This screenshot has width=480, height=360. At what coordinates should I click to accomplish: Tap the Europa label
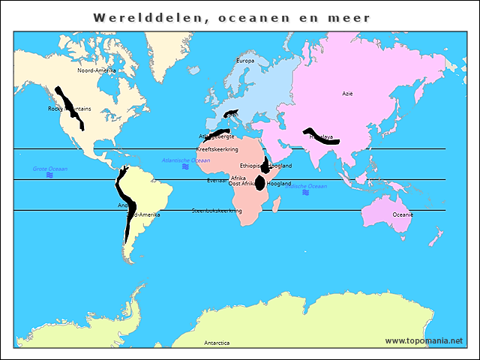pyautogui.click(x=245, y=61)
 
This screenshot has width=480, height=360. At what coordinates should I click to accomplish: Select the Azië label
pyautogui.click(x=347, y=94)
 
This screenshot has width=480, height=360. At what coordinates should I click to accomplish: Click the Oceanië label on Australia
pyautogui.click(x=403, y=214)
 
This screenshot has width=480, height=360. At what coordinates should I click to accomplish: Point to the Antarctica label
pyautogui.click(x=217, y=343)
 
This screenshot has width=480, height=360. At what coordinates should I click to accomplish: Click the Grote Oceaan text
pyautogui.click(x=49, y=169)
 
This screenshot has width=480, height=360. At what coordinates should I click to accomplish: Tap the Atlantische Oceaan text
pyautogui.click(x=186, y=160)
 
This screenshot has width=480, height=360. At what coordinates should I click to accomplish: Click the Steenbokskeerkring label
pyautogui.click(x=217, y=211)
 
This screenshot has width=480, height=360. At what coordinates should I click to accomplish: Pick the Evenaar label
pyautogui.click(x=217, y=180)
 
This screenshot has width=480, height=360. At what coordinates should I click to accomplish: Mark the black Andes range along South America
pyautogui.click(x=126, y=210)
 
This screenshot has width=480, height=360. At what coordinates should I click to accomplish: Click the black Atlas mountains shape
pyautogui.click(x=217, y=135)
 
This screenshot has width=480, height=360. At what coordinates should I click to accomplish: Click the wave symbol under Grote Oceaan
pyautogui.click(x=49, y=175)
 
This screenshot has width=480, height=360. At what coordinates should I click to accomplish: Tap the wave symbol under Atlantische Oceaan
pyautogui.click(x=185, y=167)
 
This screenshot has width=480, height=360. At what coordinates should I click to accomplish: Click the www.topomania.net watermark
pyautogui.click(x=424, y=340)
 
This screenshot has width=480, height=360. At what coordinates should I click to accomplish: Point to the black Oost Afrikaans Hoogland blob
pyautogui.click(x=260, y=182)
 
